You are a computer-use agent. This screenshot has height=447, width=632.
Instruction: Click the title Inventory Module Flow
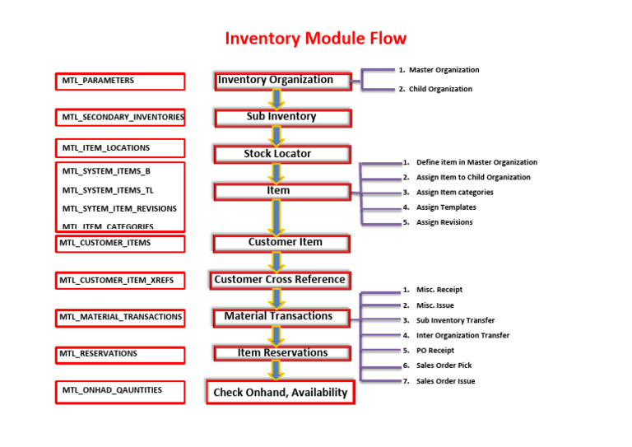point(316,39)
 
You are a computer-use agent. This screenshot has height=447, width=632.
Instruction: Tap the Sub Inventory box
point(281,118)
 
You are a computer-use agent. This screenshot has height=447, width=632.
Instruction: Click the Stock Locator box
point(281,154)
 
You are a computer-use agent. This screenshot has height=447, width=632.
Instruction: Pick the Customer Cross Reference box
point(280,280)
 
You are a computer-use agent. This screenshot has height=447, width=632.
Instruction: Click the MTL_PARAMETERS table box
point(120,81)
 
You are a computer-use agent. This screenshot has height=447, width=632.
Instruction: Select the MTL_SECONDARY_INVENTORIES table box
point(120,118)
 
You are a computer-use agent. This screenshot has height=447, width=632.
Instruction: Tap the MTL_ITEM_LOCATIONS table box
point(120,148)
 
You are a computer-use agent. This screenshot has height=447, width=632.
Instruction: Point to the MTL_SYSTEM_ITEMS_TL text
point(108,190)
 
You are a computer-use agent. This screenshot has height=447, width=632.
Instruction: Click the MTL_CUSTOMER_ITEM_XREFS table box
point(120,281)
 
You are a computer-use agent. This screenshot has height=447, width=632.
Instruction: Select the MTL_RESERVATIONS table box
point(120,354)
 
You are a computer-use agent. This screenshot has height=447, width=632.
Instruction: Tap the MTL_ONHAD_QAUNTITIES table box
point(120,391)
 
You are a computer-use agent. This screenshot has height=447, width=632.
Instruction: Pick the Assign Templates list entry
point(445,207)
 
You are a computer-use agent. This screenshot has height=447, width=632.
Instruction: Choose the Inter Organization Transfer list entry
point(462,336)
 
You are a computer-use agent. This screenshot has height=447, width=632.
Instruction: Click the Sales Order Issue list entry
point(445,381)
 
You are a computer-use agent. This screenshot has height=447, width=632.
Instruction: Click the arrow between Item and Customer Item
point(277,217)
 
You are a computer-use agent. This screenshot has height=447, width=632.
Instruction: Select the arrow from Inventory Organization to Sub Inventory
point(277,100)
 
